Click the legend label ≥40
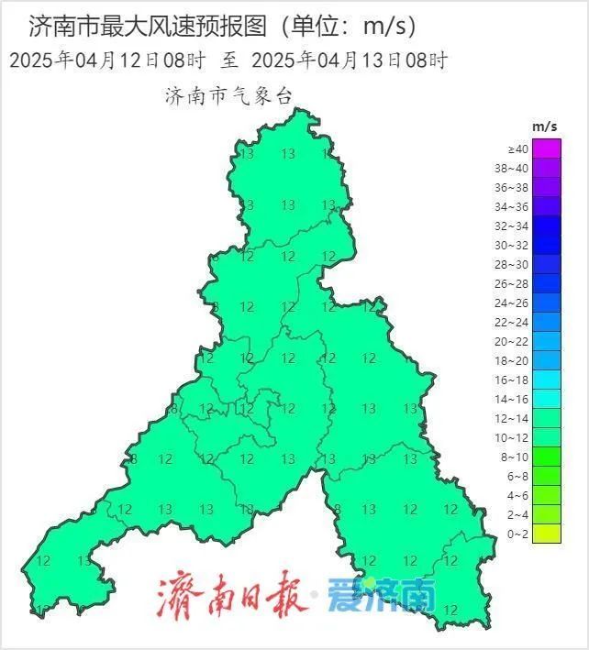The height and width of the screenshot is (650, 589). [517, 149]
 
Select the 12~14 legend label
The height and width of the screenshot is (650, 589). [512, 418]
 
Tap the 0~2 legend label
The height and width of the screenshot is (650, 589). [518, 534]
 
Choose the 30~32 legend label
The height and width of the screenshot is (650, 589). [512, 245]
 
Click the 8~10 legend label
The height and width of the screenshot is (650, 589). [516, 457]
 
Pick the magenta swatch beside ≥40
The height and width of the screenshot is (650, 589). [547, 149]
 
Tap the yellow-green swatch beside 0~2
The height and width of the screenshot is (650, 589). [547, 534]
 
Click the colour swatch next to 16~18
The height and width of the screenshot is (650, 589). [547, 380]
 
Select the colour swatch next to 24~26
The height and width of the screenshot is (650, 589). [547, 303]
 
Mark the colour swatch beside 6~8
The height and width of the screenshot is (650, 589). [547, 476]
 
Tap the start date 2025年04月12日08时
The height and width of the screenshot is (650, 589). [106, 61]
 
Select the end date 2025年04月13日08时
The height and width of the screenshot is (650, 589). [349, 61]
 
